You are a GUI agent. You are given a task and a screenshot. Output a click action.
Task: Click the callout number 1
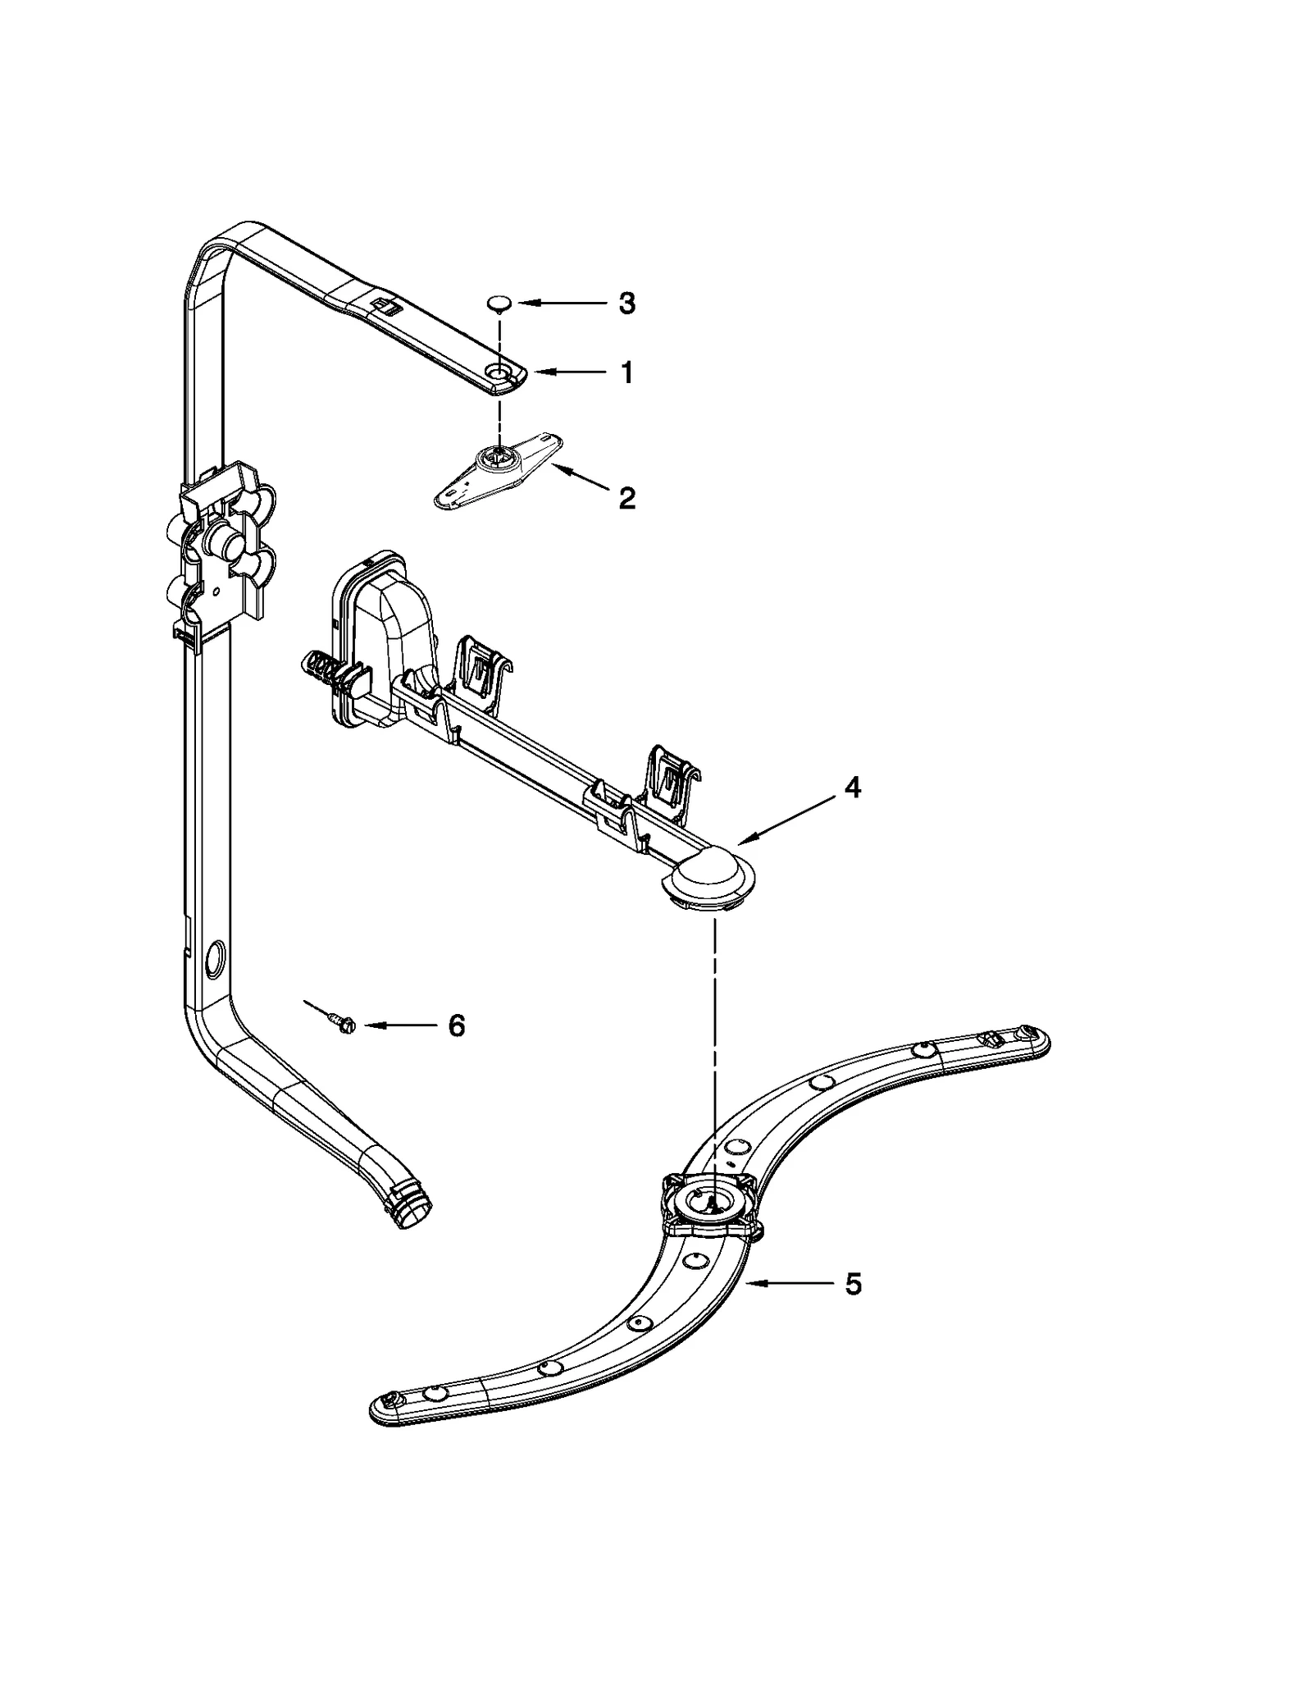pyautogui.click(x=626, y=373)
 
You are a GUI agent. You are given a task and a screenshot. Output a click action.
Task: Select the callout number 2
pyautogui.click(x=626, y=497)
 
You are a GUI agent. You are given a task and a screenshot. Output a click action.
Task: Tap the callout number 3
pyautogui.click(x=626, y=304)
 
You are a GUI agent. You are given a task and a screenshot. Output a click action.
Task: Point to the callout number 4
pyautogui.click(x=853, y=788)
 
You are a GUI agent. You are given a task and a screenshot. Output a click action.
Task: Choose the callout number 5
pyautogui.click(x=853, y=1284)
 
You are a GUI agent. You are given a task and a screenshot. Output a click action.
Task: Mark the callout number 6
pyautogui.click(x=457, y=1025)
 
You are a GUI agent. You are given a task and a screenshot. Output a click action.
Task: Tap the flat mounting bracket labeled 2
pyautogui.click(x=497, y=473)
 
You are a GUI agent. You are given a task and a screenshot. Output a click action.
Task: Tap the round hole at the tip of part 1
pyautogui.click(x=497, y=373)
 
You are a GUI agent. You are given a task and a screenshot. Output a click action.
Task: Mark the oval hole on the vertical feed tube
pyautogui.click(x=216, y=958)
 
